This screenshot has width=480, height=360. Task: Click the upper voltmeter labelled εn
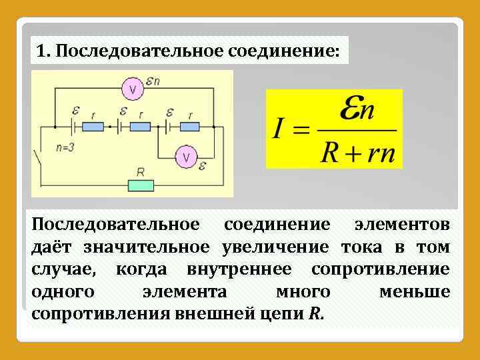pyautogui.click(x=133, y=90)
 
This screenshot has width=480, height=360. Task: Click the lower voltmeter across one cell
pyautogui.click(x=186, y=157)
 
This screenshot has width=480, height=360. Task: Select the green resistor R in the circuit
pyautogui.click(x=141, y=185)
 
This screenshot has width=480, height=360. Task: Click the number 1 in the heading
pyautogui.click(x=42, y=51)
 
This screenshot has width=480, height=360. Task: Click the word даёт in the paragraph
pyautogui.click(x=53, y=247)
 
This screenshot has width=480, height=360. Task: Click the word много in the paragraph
pyautogui.click(x=303, y=291)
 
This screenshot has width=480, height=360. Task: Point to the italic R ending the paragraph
pyautogui.click(x=315, y=313)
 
